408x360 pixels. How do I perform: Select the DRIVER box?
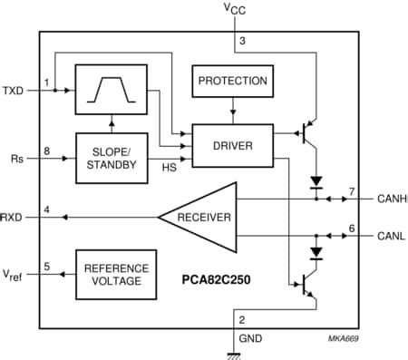click(x=234, y=146)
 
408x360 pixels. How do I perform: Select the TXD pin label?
click(x=13, y=91)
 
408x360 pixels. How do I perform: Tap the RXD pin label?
click(x=13, y=218)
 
